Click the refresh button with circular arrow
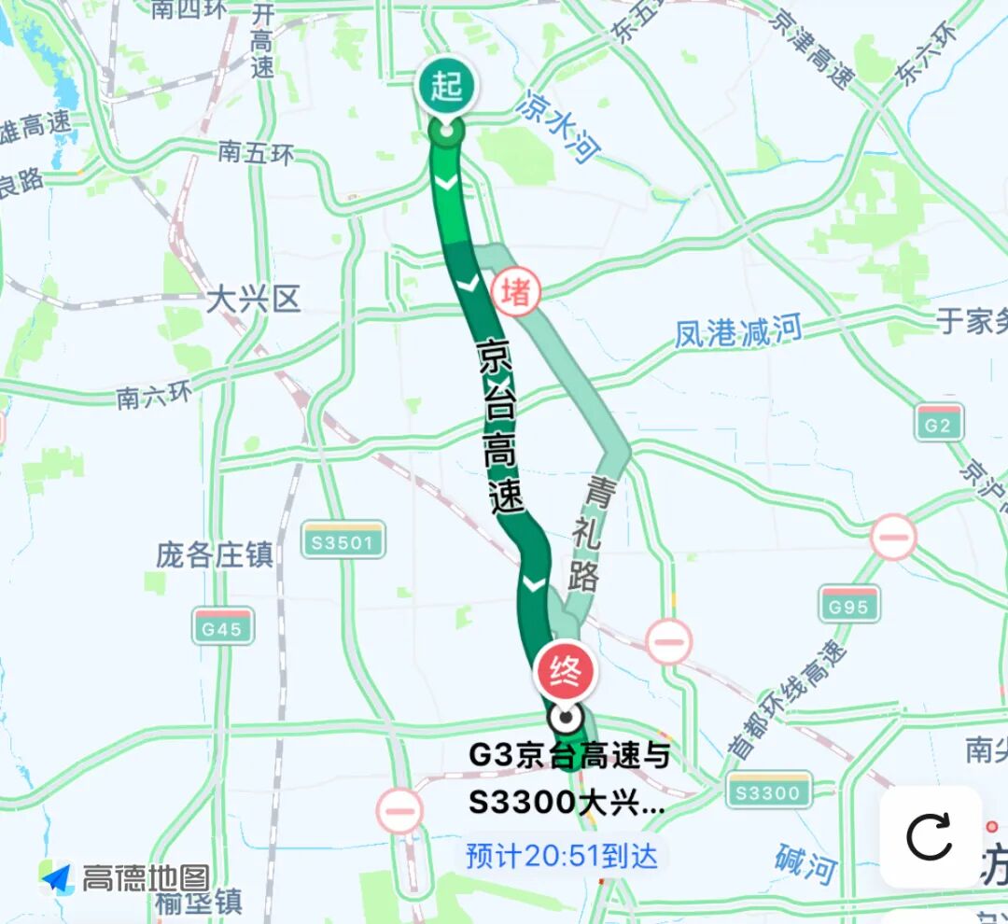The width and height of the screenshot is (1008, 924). pyautogui.click(x=930, y=836)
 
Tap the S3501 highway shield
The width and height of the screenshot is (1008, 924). pyautogui.click(x=343, y=540)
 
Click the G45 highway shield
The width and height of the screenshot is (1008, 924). pyautogui.click(x=223, y=627)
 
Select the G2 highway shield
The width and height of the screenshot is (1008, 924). pyautogui.click(x=938, y=425)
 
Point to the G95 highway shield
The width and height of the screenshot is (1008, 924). pyautogui.click(x=848, y=606)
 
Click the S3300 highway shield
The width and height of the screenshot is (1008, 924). pyautogui.click(x=768, y=792)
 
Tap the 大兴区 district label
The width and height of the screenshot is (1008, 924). pyautogui.click(x=254, y=300)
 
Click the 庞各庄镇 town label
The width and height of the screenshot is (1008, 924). pyautogui.click(x=215, y=554)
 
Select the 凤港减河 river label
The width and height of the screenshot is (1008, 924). pyautogui.click(x=738, y=331)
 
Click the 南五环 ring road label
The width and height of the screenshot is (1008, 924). pyautogui.click(x=256, y=151)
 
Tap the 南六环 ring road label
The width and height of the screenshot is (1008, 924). pyautogui.click(x=155, y=396)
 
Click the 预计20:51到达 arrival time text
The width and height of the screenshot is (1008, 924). pyautogui.click(x=562, y=856)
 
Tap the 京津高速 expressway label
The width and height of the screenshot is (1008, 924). pyautogui.click(x=812, y=47)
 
